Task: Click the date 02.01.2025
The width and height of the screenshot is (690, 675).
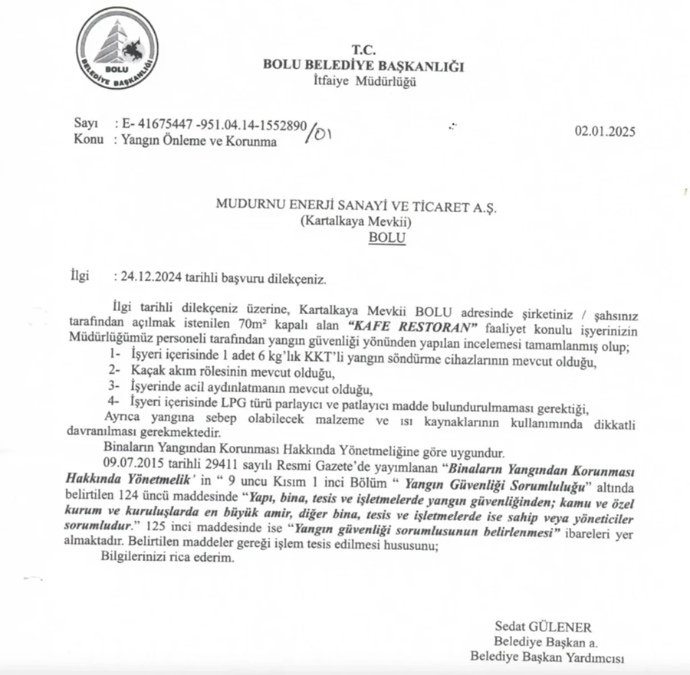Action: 605,131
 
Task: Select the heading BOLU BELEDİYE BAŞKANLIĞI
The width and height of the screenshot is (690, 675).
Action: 363,66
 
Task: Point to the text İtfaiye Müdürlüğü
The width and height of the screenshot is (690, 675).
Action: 365,82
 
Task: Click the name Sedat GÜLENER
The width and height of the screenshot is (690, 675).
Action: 543,626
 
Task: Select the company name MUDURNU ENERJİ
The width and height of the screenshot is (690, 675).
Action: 270,205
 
